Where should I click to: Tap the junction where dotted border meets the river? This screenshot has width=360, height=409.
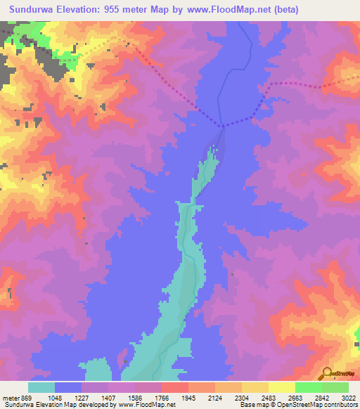point(223,126)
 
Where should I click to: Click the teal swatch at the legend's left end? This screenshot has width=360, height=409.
point(41,387)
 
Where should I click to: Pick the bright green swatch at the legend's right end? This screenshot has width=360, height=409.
point(335,387)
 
